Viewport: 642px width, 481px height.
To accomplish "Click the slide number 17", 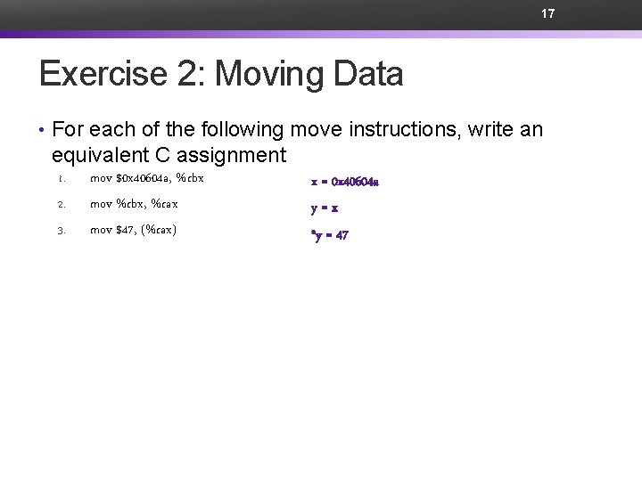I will click(x=548, y=14).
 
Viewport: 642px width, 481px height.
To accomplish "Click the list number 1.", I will click(x=61, y=179).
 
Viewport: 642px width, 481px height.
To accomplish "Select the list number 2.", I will click(x=61, y=205).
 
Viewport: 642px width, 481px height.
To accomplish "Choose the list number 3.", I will click(x=61, y=231).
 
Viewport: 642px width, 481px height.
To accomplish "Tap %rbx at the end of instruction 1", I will click(x=191, y=178).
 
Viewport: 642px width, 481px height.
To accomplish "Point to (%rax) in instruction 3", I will click(x=158, y=230).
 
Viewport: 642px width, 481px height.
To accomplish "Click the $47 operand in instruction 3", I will click(x=126, y=230).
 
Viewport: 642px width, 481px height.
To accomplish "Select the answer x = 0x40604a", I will click(x=345, y=182).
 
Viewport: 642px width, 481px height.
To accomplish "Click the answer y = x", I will click(x=325, y=208).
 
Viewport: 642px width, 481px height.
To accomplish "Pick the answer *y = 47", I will click(x=329, y=235).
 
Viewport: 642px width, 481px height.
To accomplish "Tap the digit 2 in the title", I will click(x=189, y=74).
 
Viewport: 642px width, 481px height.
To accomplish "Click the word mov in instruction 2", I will click(x=101, y=204).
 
